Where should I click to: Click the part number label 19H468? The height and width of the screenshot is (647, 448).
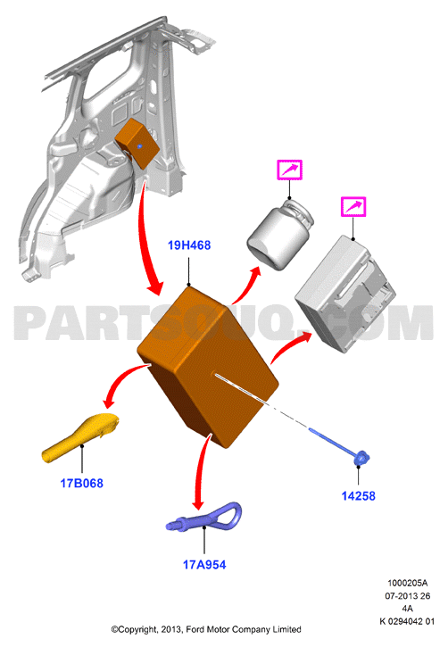[189, 245]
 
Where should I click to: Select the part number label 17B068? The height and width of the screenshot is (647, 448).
[82, 483]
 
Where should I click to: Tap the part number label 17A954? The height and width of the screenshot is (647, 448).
[204, 565]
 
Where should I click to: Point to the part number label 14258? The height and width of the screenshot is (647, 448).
[358, 496]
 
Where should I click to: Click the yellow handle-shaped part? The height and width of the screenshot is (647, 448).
[79, 439]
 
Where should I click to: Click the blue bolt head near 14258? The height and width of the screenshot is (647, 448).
[361, 459]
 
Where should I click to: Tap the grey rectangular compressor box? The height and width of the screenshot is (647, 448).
[344, 294]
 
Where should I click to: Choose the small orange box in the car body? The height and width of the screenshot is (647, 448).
[137, 143]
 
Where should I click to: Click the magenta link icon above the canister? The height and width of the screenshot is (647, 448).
[289, 170]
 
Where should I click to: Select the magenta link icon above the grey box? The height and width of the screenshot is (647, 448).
[353, 206]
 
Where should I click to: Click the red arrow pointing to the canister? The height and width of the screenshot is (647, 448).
[245, 286]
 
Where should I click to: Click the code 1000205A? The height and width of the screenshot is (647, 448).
[407, 584]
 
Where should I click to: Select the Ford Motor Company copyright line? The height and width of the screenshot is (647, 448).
[206, 630]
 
